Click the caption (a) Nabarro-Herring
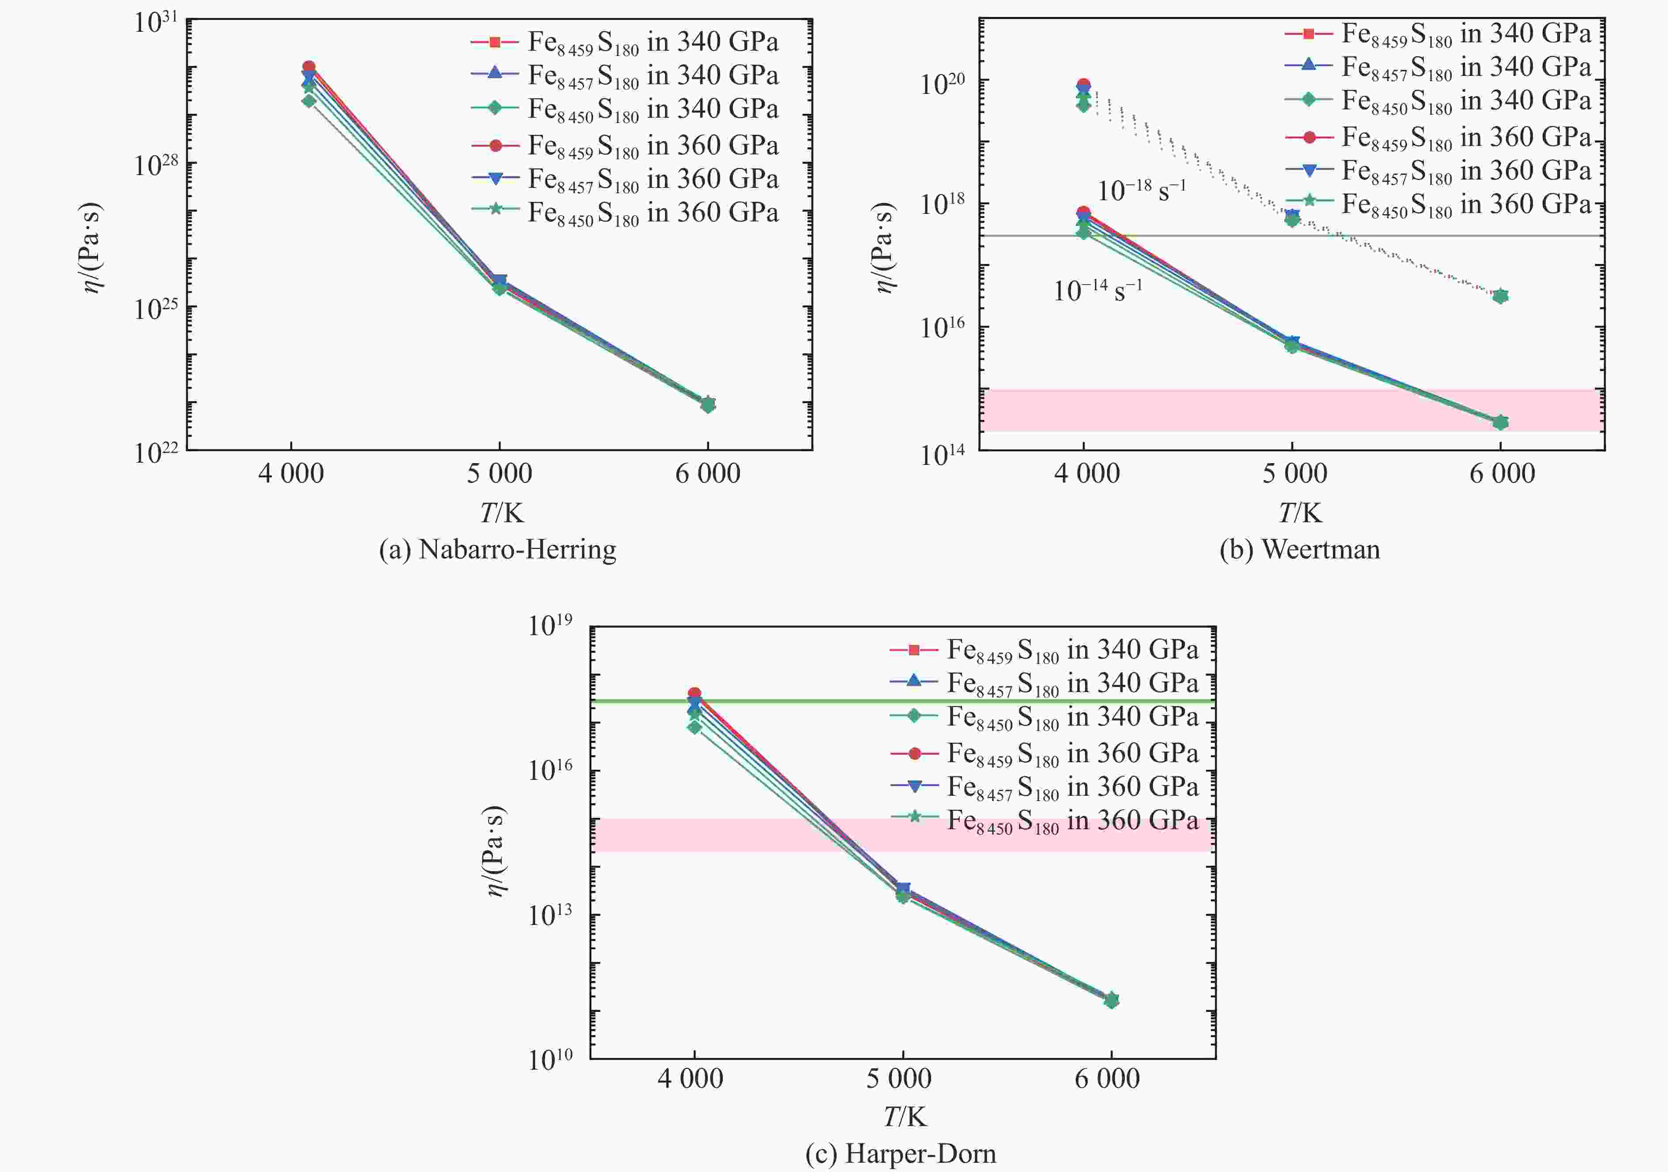tap(498, 550)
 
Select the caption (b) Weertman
tap(1300, 550)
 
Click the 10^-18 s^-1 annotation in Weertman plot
tap(1141, 190)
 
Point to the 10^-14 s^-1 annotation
tap(1098, 290)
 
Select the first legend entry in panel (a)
tap(625, 42)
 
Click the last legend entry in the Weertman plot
tap(1439, 205)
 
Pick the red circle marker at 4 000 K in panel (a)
tap(309, 67)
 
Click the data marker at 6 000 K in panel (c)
tap(1111, 1000)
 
